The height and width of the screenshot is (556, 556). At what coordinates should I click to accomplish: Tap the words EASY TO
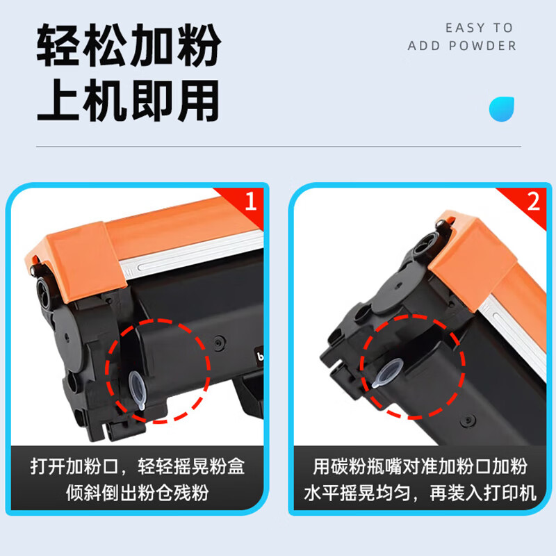pos(479,28)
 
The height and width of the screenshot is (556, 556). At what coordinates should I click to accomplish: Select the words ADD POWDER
pos(462,46)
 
